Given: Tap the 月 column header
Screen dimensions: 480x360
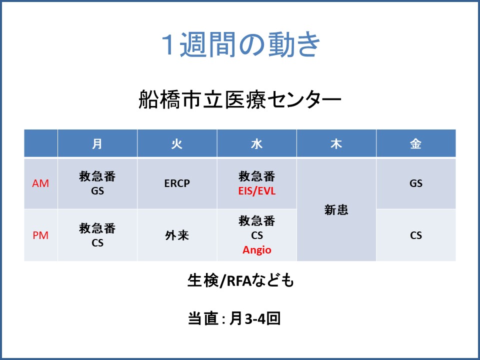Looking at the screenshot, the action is [x=97, y=143].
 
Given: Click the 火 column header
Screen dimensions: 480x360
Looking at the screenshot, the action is [x=177, y=143].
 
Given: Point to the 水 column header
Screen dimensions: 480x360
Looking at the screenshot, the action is [x=256, y=143].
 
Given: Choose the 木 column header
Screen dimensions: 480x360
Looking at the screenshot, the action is [x=336, y=143].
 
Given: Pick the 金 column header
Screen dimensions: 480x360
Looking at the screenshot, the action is [x=415, y=143].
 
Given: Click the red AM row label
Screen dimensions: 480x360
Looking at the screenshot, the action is [x=40, y=183].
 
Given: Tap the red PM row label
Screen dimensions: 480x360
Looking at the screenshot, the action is [x=40, y=235].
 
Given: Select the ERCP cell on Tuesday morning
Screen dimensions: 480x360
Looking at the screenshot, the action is [x=177, y=183].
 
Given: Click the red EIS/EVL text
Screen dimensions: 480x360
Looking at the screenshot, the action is [x=257, y=191].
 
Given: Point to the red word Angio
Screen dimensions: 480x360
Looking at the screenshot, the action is [x=257, y=250].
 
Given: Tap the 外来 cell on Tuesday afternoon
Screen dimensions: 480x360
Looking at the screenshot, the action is [x=177, y=235].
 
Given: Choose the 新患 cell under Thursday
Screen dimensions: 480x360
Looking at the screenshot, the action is [x=336, y=210].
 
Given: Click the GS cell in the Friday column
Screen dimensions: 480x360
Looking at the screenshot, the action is [x=415, y=183].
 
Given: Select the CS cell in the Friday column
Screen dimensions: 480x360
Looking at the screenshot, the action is [x=415, y=235].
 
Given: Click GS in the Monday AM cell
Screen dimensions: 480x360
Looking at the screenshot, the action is [x=97, y=191].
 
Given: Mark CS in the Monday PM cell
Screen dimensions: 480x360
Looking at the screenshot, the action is [x=97, y=243].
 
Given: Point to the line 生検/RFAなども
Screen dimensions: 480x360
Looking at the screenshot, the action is [x=240, y=280].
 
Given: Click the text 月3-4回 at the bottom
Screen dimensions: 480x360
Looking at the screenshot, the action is [x=254, y=318].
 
